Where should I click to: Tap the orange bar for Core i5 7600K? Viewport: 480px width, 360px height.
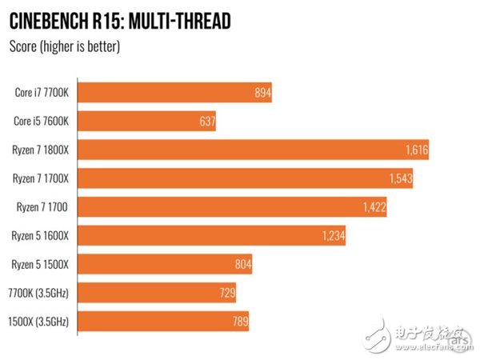[148, 121]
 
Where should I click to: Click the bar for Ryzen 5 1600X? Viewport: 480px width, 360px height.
[213, 235]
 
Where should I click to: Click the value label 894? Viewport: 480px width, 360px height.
[260, 93]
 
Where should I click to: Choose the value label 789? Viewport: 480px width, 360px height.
[238, 322]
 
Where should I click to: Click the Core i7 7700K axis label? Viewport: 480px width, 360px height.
[43, 93]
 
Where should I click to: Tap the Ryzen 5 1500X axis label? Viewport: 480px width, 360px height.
[42, 264]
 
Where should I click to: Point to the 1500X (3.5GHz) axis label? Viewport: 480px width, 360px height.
[41, 322]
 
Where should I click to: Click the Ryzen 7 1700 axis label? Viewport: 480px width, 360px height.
[45, 207]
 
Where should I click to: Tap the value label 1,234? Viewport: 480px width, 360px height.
[332, 235]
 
